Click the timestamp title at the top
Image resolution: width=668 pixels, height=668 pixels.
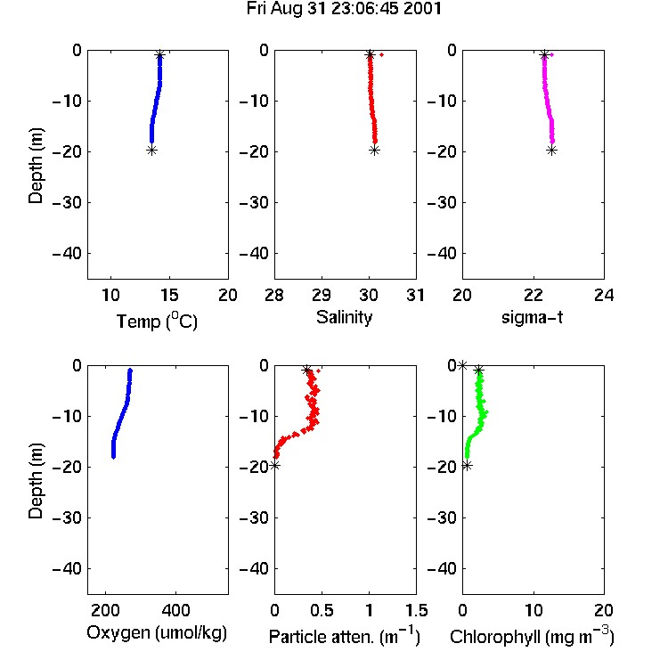coord(344,9)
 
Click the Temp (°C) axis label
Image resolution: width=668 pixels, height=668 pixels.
coord(157,321)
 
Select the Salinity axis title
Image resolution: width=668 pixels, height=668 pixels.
coord(344,318)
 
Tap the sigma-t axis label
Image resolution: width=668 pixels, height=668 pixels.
coord(532,317)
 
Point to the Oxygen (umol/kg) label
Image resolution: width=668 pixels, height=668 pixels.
coord(157,633)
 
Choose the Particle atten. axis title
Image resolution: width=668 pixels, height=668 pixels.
coord(345,636)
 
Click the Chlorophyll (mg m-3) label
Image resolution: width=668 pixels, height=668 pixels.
coord(532,636)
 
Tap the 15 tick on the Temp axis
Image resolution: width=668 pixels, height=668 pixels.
coord(169,295)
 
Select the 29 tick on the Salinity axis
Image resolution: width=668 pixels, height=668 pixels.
coord(322,295)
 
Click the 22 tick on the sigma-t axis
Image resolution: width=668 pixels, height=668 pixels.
coord(533,295)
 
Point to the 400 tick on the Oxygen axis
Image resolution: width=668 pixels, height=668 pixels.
coord(176,610)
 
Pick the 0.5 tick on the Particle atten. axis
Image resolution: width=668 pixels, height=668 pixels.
coord(322,610)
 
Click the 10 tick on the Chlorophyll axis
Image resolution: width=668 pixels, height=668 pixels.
coord(533,610)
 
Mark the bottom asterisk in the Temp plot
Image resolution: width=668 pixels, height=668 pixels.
coord(151,150)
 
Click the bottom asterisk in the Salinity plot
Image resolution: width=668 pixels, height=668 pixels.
coord(374,150)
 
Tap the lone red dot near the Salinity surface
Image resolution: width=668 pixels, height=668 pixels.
coord(382,54)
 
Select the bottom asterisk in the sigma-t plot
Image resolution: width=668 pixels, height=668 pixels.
coord(551,150)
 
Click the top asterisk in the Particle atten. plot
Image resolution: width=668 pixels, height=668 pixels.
coord(306,371)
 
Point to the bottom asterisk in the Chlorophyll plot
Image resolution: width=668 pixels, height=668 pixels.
coord(468,466)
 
